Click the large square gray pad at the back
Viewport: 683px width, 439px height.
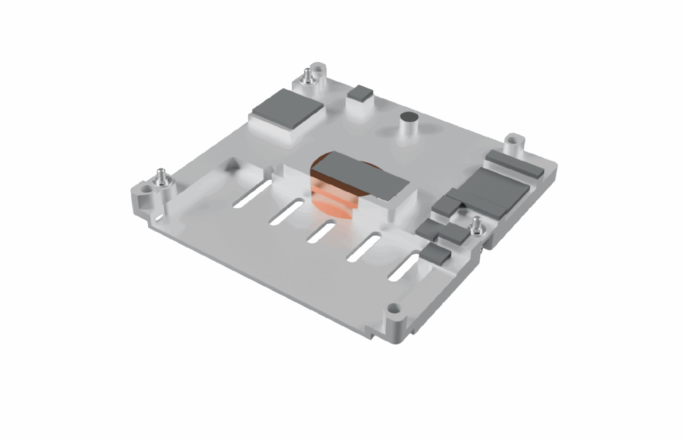click(288, 109)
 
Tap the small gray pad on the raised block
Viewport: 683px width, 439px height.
click(360, 93)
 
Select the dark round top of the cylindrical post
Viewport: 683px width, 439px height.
click(410, 116)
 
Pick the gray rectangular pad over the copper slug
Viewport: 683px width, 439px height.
click(360, 174)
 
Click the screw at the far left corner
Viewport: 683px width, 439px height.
click(160, 177)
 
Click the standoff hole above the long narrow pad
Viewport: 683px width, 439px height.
click(512, 142)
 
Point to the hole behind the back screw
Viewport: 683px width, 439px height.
click(319, 68)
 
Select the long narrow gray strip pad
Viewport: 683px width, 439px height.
click(514, 164)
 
